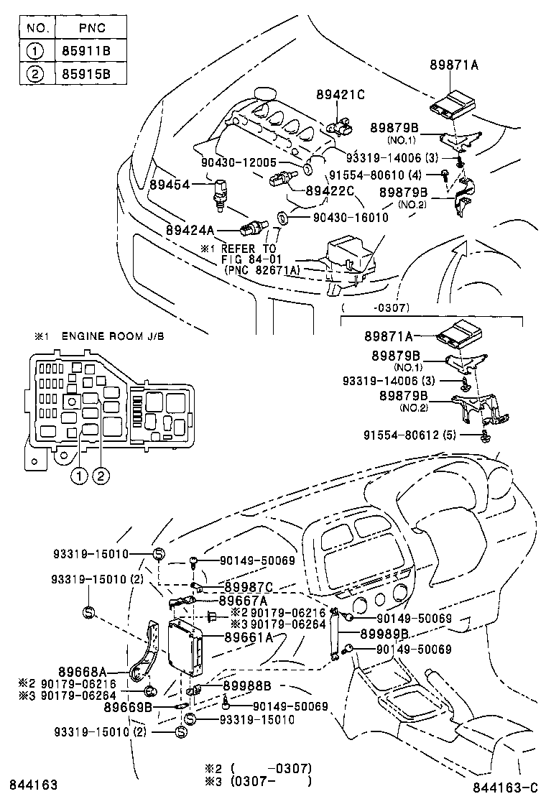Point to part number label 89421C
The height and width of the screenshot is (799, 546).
tap(341, 95)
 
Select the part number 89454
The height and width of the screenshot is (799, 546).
tap(170, 185)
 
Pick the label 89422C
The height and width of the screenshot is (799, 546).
tap(330, 190)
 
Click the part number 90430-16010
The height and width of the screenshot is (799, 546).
tap(350, 217)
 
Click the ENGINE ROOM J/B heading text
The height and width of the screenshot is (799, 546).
tap(113, 336)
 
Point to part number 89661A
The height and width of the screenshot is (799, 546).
tap(248, 637)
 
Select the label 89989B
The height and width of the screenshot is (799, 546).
tap(384, 633)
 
